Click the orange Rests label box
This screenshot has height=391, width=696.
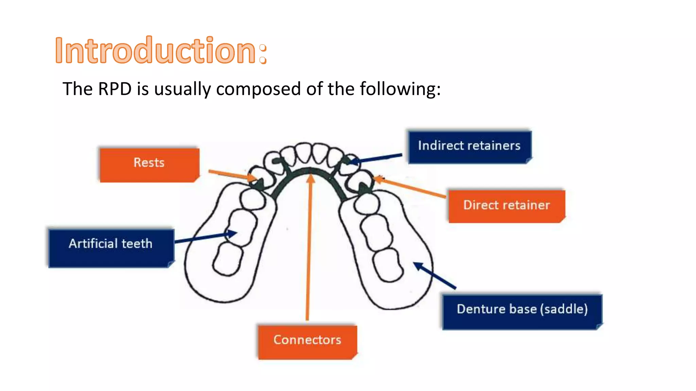pyautogui.click(x=149, y=165)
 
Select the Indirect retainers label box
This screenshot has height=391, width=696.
pyautogui.click(x=469, y=147)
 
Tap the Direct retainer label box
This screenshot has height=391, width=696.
pyautogui.click(x=506, y=206)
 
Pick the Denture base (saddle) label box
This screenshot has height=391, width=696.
pyautogui.click(x=522, y=312)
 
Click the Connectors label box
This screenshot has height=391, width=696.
pyautogui.click(x=307, y=342)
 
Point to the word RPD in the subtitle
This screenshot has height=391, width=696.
pyautogui.click(x=115, y=89)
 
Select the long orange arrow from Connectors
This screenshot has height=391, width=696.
pyautogui.click(x=309, y=248)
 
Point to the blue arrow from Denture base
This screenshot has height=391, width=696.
pyautogui.click(x=435, y=276)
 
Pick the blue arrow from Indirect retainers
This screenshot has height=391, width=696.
pyautogui.click(x=377, y=159)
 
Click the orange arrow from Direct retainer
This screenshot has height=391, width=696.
pyautogui.click(x=410, y=187)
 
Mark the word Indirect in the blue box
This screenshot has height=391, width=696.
pyautogui.click(x=436, y=146)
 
